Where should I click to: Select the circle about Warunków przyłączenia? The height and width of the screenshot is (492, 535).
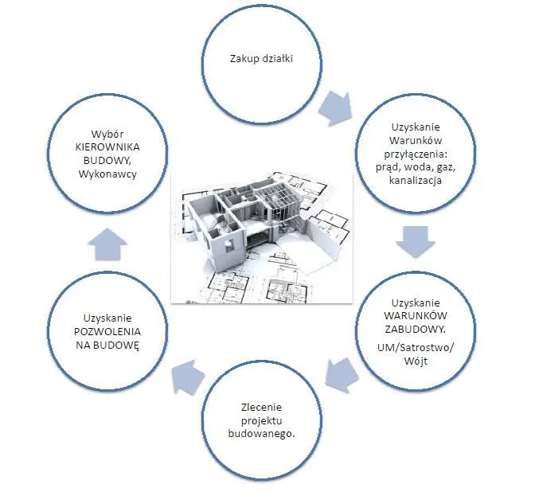(x=416, y=153)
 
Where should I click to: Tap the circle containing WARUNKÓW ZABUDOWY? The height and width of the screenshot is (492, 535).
(x=419, y=330)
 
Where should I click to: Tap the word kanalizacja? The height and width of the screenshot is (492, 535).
(x=416, y=181)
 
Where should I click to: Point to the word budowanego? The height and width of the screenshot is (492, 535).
(x=261, y=434)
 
